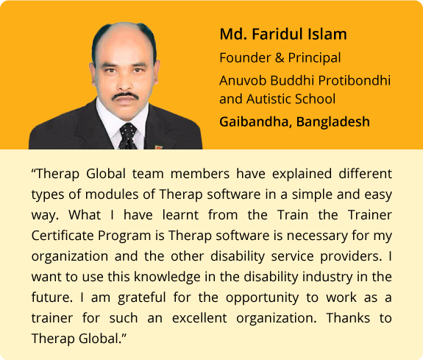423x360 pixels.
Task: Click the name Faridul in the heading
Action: pos(279,34)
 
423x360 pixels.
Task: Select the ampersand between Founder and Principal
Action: pos(280,58)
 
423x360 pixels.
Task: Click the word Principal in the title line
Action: pos(315,58)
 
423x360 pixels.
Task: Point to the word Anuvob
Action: pos(243,81)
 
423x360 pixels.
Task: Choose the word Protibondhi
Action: pos(355,81)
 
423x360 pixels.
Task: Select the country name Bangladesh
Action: pos(333,121)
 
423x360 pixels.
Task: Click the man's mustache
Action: pos(125,96)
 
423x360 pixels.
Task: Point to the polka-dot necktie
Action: pos(128,136)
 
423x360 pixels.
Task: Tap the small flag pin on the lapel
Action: pos(158,147)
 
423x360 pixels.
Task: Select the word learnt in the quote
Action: pos(180,215)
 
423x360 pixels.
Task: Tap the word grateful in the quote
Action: pos(142,297)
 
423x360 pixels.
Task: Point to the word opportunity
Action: pos(262,297)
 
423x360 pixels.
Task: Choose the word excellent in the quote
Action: pos(199,318)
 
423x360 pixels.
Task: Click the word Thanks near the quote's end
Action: pos(348,318)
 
